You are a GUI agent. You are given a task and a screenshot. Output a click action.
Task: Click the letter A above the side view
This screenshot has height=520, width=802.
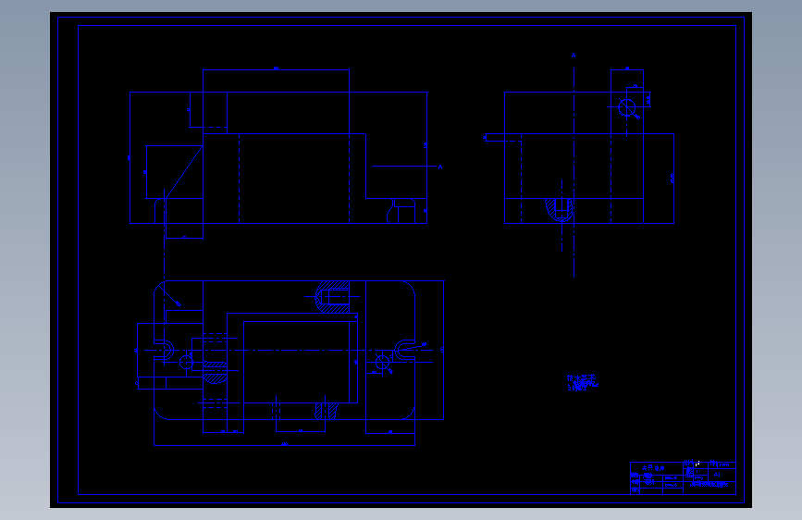coord(574,56)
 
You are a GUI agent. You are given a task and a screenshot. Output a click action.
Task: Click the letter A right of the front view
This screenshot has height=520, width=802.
coord(439,167)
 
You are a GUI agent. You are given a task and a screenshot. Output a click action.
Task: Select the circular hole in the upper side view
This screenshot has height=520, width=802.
coord(627,107)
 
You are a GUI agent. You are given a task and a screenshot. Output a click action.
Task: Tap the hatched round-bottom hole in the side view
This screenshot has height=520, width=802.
coord(559,210)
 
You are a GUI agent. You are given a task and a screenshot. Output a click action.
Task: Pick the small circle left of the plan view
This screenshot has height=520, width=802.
coord(186,363)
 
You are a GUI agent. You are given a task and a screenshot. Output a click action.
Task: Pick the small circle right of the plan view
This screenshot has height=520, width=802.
coord(383,362)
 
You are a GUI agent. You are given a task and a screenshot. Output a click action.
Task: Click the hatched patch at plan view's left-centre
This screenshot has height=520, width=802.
coord(216,374)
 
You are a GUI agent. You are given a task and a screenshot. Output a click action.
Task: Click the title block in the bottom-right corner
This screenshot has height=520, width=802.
coord(683,477)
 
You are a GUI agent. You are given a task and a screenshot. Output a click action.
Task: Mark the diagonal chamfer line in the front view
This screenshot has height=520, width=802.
coord(185,166)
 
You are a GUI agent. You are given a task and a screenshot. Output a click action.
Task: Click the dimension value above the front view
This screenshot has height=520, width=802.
coord(276,68)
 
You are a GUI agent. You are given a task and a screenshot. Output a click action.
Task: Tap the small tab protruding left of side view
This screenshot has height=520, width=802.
coord(503,139)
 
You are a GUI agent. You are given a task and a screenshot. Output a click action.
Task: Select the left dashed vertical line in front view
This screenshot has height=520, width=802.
coord(240,178)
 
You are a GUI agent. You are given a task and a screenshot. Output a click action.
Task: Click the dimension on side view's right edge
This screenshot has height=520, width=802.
coord(673,176)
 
